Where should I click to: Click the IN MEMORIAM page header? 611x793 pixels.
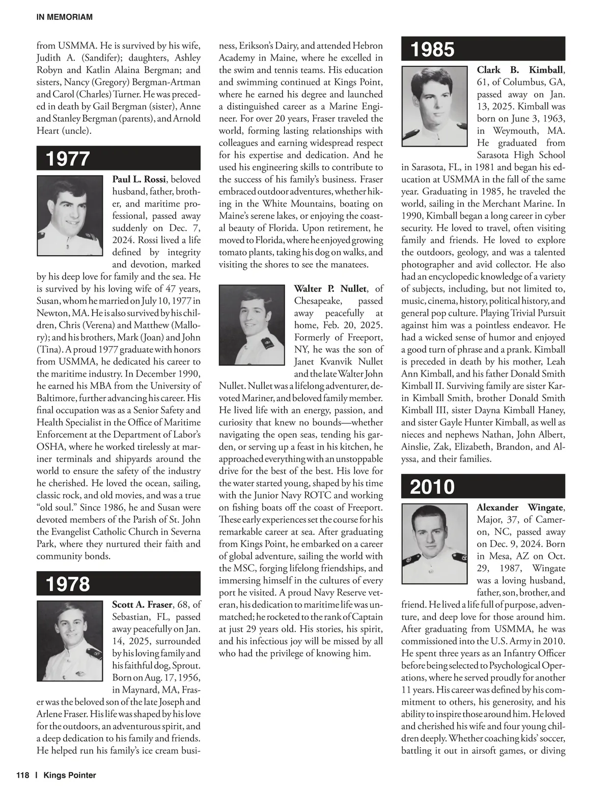pos(65,17)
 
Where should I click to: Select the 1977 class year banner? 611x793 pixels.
pos(118,158)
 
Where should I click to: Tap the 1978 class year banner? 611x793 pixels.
pos(118,584)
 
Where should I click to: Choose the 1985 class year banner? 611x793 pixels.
pos(483,49)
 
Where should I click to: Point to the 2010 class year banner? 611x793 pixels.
pos(483,487)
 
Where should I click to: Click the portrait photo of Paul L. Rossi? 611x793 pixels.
pos(70,216)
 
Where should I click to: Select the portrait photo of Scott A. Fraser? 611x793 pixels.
pos(70,641)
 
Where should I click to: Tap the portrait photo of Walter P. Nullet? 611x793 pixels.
pos(252,325)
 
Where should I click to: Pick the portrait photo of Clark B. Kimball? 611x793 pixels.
pos(434,106)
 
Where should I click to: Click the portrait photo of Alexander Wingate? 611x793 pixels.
pos(434,543)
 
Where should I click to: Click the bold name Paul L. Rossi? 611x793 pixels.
pos(139,179)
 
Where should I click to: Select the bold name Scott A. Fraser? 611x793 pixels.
pos(142,605)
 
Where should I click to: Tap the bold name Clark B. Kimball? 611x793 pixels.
pos(520,70)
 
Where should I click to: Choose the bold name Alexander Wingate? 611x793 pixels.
pos(520,507)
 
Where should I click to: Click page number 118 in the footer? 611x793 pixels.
pos(22,775)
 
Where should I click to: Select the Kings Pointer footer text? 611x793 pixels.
pos(70,775)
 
